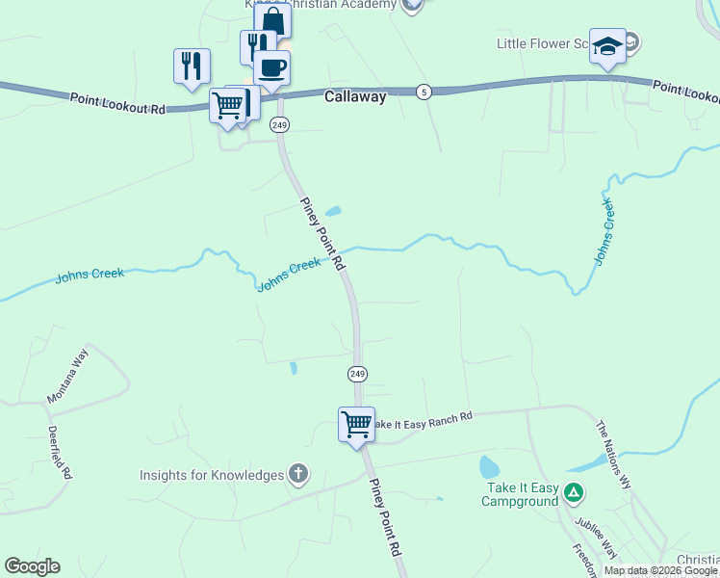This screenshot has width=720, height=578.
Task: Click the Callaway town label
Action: tap(355, 96)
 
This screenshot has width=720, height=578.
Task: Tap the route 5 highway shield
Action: tap(424, 92)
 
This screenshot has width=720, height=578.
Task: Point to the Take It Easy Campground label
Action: tap(520, 494)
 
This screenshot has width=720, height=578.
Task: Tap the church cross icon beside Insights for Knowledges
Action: tap(298, 474)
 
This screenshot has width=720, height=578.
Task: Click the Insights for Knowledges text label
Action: tap(212, 475)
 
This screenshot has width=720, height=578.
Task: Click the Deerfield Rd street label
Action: tap(60, 452)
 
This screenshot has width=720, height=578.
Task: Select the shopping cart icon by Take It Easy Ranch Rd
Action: tap(356, 423)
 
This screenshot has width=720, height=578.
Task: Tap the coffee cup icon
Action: tap(271, 67)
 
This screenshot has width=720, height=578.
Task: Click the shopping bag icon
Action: tap(272, 20)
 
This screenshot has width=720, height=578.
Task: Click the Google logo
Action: tap(32, 566)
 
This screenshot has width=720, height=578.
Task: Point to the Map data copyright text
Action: tap(660, 570)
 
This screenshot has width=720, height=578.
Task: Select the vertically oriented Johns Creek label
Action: tap(604, 231)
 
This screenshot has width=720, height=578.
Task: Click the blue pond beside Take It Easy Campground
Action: tap(489, 468)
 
